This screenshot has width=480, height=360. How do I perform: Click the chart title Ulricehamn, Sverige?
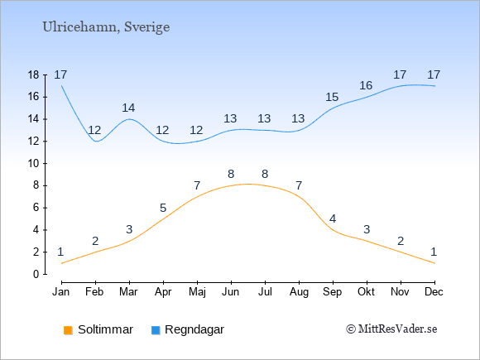[106, 27]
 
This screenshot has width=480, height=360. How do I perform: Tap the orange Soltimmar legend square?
[68, 330]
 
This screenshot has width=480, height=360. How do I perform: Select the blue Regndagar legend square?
[156, 330]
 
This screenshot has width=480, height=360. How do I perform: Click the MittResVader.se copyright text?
[391, 329]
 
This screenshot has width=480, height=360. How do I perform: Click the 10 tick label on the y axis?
[33, 164]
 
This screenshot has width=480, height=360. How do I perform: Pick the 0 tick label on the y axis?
[36, 274]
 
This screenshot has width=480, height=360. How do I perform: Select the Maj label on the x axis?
[197, 292]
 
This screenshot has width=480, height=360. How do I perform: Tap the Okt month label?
[366, 292]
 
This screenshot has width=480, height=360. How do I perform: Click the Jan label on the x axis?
[61, 292]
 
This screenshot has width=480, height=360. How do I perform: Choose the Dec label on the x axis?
[434, 292]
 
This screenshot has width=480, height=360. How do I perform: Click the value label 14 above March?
[128, 108]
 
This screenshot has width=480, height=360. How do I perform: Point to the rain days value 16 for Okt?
[366, 86]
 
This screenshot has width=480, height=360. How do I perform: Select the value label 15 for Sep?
[332, 98]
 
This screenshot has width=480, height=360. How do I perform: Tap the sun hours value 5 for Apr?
[163, 209]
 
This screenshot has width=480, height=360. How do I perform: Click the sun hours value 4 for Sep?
[333, 218]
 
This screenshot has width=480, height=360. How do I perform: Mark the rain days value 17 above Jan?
[60, 74]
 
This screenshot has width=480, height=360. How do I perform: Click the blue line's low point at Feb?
[96, 142]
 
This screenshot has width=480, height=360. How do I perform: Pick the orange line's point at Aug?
[299, 197]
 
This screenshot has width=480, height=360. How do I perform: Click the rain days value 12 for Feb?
[94, 131]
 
